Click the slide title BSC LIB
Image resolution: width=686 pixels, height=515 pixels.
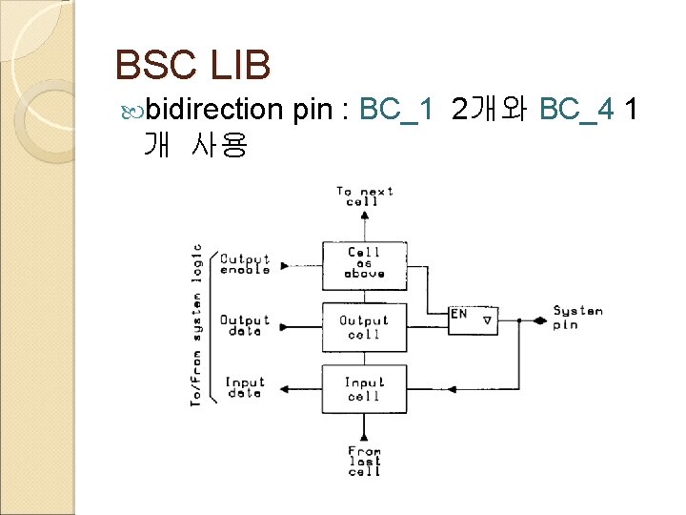click(192, 65)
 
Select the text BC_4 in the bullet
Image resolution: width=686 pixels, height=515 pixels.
click(576, 111)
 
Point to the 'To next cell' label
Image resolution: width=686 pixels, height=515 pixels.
click(364, 196)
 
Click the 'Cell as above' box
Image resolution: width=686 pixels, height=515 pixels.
click(364, 262)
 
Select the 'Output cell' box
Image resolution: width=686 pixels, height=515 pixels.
click(364, 327)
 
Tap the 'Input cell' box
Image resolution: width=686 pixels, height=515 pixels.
click(364, 389)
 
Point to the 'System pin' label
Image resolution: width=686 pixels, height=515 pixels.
click(577, 318)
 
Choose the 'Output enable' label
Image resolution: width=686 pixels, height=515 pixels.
click(245, 264)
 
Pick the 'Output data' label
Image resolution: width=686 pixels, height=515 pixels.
click(245, 326)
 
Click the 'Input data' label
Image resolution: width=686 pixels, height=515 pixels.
click(245, 388)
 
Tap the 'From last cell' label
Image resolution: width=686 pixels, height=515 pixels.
click(364, 462)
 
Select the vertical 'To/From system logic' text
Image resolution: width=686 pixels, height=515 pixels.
click(196, 324)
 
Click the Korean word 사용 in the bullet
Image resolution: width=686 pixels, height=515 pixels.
click(219, 145)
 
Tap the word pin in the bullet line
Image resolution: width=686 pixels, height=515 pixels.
click(312, 111)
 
